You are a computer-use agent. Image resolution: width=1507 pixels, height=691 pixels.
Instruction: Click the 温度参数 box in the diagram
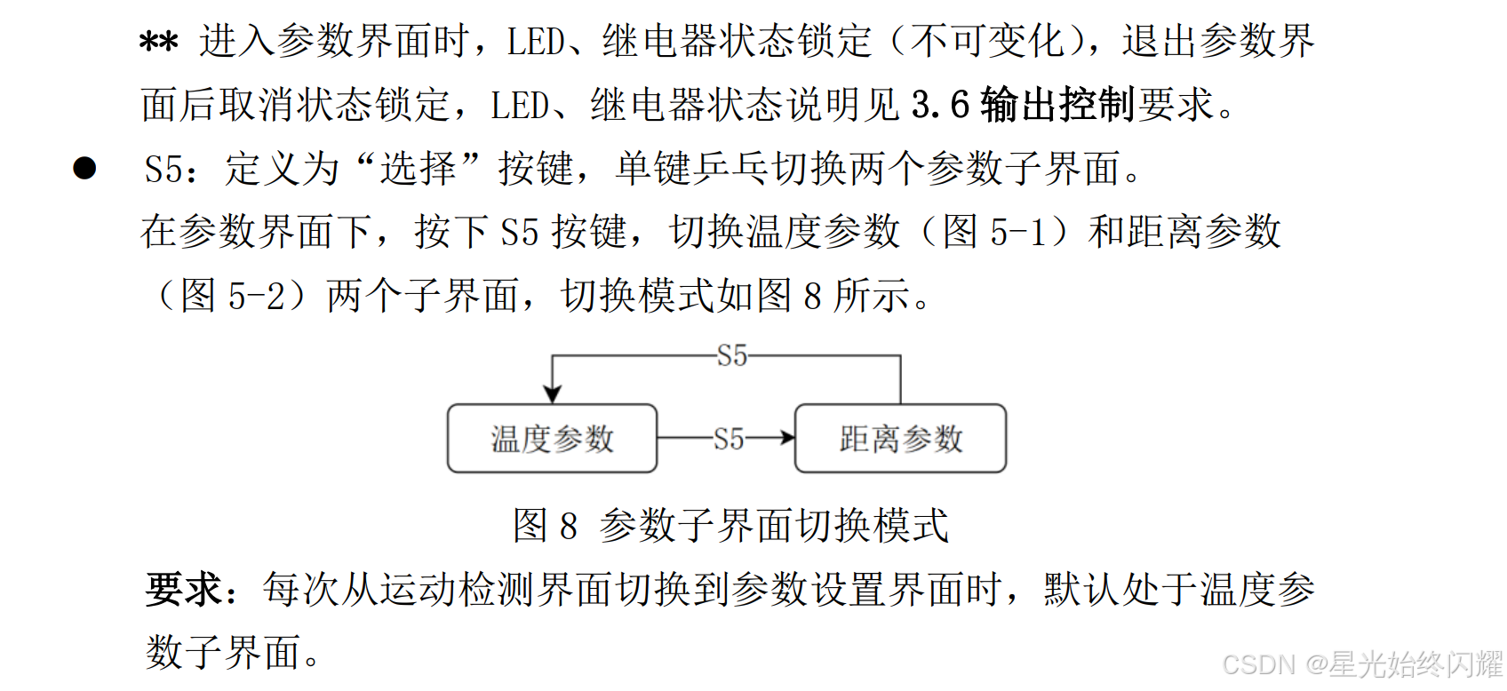552,439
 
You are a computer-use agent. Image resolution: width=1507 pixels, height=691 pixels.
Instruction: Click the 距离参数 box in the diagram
900,439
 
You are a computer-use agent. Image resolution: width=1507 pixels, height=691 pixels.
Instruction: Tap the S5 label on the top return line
732,356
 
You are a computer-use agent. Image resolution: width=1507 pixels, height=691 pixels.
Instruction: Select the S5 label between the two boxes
729,439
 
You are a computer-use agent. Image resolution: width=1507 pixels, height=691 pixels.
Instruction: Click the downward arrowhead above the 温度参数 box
553,393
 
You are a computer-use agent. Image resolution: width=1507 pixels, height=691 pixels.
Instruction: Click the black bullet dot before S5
85,168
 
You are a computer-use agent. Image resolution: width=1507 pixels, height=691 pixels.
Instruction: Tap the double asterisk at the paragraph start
159,43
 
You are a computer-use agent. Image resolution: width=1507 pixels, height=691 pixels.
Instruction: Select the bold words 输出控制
1057,106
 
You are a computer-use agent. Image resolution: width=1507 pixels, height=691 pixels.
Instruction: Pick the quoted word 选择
418,169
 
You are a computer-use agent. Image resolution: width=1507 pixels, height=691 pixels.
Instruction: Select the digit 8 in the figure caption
569,526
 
